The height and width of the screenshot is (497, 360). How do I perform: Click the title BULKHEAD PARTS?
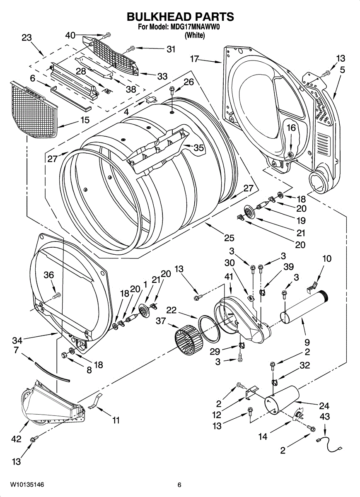pyautogui.click(x=180, y=17)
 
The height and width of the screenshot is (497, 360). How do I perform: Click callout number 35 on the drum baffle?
pyautogui.click(x=199, y=147)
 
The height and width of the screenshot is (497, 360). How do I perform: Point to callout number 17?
pyautogui.click(x=195, y=59)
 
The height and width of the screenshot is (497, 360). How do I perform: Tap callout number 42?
pyautogui.click(x=17, y=439)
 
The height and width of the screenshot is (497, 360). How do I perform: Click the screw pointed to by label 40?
pyautogui.click(x=107, y=35)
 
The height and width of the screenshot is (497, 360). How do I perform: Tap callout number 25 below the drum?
pyautogui.click(x=229, y=238)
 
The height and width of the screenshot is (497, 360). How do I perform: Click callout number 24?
pyautogui.click(x=324, y=406)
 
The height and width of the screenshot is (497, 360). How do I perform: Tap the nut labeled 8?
pyautogui.click(x=64, y=355)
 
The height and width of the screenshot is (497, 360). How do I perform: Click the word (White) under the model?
pyautogui.click(x=195, y=35)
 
